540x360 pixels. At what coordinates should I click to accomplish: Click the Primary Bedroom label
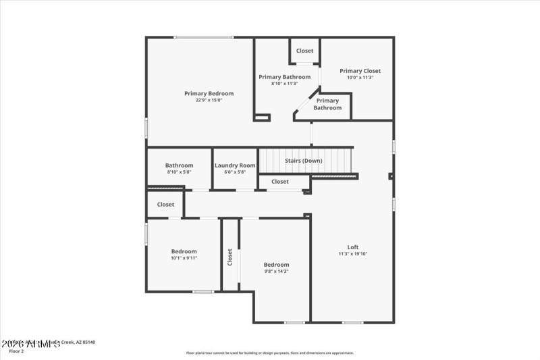[x=209, y=93]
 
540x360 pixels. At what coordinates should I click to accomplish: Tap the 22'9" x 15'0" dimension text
[x=209, y=100]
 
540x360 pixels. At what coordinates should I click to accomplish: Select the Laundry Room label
[x=235, y=165]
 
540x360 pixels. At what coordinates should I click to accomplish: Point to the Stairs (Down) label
[x=303, y=161]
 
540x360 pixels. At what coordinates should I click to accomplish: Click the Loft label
[x=352, y=247]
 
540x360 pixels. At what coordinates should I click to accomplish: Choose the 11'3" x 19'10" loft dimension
[x=352, y=254]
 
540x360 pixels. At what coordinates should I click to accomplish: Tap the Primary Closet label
[x=360, y=71]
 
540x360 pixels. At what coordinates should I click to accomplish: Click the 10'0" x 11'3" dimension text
[x=360, y=78]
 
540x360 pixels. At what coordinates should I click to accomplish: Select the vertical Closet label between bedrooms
[x=230, y=257]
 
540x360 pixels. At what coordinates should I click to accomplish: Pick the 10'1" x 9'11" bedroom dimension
[x=184, y=258]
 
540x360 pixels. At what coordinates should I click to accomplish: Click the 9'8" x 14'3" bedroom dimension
[x=276, y=272]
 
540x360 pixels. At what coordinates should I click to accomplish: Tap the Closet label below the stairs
[x=280, y=182]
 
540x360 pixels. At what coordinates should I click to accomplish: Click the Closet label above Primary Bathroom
[x=304, y=51]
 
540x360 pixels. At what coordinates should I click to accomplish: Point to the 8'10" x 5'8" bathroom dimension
[x=179, y=172]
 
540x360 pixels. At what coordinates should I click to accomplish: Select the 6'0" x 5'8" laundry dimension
[x=235, y=172]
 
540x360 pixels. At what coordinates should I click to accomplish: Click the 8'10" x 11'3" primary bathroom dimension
[x=284, y=84]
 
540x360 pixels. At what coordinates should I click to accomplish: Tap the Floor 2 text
[x=16, y=351]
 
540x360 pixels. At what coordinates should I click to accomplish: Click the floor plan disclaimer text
[x=269, y=353]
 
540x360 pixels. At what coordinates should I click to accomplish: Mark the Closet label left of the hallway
[x=165, y=205]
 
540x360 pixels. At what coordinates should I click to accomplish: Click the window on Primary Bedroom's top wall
[x=204, y=37]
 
